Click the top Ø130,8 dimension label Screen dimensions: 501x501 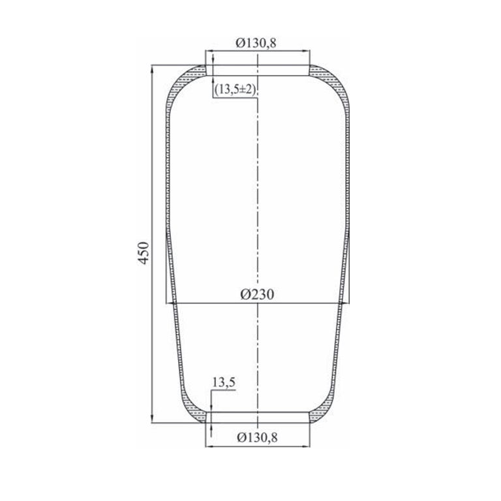click(x=256, y=42)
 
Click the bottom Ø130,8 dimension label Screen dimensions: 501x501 click(x=257, y=437)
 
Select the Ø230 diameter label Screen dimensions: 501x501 click(x=257, y=294)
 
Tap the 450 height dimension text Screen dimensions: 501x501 click(x=144, y=252)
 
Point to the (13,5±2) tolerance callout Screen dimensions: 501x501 click(x=235, y=90)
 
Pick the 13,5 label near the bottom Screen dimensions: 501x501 click(x=224, y=382)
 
